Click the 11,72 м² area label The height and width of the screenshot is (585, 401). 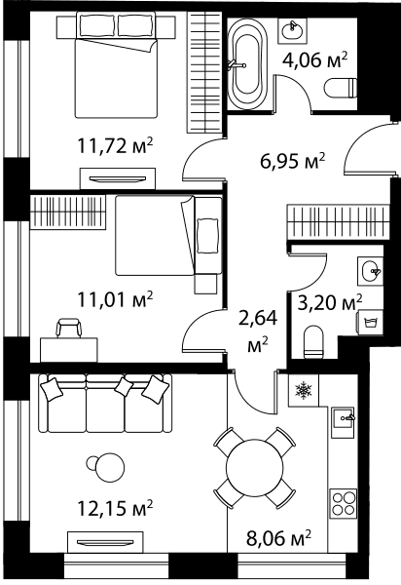click(115, 146)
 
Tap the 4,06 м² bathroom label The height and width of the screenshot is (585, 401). click(315, 60)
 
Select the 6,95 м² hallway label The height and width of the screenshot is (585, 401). click(293, 162)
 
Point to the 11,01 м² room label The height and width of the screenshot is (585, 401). click(115, 299)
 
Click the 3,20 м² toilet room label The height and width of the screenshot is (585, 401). click(330, 303)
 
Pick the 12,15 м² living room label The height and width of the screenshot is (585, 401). click(115, 508)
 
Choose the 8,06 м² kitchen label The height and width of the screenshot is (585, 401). click(278, 539)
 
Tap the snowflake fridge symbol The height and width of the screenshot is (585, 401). click(304, 391)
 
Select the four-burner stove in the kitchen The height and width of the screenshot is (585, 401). click(344, 504)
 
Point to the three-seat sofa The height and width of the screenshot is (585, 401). click(105, 404)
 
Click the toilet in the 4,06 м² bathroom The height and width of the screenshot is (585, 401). click(341, 89)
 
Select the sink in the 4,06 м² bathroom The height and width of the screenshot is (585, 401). click(292, 29)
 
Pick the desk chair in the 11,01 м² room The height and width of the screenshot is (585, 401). click(68, 328)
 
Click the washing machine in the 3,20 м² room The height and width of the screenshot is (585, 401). click(370, 322)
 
